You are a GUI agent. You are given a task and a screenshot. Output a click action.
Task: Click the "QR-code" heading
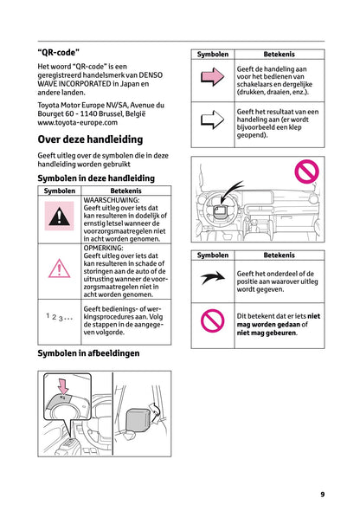(59, 52)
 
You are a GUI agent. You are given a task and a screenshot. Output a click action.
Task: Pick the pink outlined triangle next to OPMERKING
(60, 268)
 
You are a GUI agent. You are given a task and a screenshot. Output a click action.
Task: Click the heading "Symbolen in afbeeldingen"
(88, 353)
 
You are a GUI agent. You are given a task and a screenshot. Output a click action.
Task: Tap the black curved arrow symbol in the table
(212, 278)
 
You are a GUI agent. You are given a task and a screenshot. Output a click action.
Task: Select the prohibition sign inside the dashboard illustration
(307, 171)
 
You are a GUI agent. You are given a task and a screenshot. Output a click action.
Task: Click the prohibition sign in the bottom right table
(212, 321)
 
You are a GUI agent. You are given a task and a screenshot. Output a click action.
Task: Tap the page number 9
(322, 494)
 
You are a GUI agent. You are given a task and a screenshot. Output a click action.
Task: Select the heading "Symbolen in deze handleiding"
(96, 178)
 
